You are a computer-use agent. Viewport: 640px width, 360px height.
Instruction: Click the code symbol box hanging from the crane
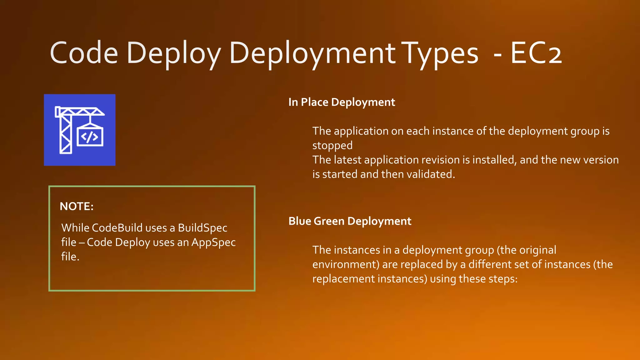90,137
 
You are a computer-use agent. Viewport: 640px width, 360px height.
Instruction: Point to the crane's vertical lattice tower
66,134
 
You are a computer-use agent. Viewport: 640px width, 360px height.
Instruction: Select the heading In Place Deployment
342,102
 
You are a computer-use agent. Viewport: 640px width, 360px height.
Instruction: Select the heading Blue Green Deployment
350,221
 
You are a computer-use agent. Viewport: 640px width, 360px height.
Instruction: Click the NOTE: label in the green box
77,206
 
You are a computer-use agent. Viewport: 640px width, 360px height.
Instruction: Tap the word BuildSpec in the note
202,228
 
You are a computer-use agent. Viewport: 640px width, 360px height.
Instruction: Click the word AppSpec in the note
213,242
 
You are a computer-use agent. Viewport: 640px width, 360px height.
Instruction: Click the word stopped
332,146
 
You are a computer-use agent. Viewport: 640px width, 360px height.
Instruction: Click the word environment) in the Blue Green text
346,264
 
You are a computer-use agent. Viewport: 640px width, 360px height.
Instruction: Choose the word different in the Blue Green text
490,264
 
